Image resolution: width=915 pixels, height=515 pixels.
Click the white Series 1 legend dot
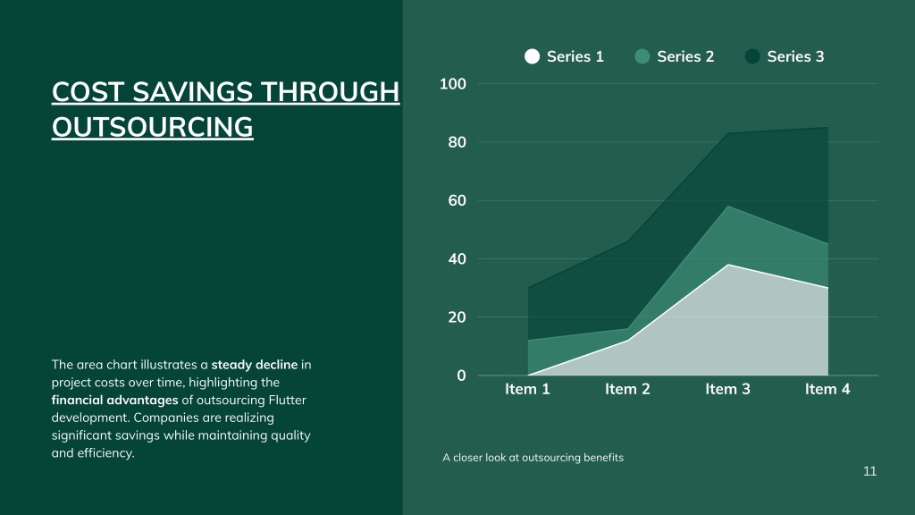click(532, 56)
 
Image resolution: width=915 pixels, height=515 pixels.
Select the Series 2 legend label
click(685, 56)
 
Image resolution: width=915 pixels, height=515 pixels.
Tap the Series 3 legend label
click(795, 56)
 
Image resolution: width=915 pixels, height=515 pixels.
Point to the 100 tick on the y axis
click(453, 84)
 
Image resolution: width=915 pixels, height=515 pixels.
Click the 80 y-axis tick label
click(457, 142)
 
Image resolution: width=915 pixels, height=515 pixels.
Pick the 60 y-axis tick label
click(457, 201)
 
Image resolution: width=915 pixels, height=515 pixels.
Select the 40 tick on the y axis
click(457, 259)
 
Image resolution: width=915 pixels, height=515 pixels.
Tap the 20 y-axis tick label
click(457, 317)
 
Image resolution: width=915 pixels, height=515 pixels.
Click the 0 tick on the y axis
click(462, 376)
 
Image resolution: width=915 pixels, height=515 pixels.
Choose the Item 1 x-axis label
click(527, 389)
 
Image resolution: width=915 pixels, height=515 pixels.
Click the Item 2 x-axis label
click(627, 389)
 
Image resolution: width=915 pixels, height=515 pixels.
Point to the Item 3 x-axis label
click(727, 389)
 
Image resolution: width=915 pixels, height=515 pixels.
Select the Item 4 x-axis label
click(827, 389)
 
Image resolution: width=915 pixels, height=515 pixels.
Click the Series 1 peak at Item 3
click(727, 265)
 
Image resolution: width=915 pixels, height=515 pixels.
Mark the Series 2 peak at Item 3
click(727, 207)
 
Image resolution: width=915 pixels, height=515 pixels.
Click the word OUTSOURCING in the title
click(152, 127)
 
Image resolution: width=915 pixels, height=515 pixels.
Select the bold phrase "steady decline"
click(255, 365)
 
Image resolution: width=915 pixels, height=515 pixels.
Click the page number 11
click(869, 471)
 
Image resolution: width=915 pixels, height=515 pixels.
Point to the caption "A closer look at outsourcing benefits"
click(533, 458)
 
